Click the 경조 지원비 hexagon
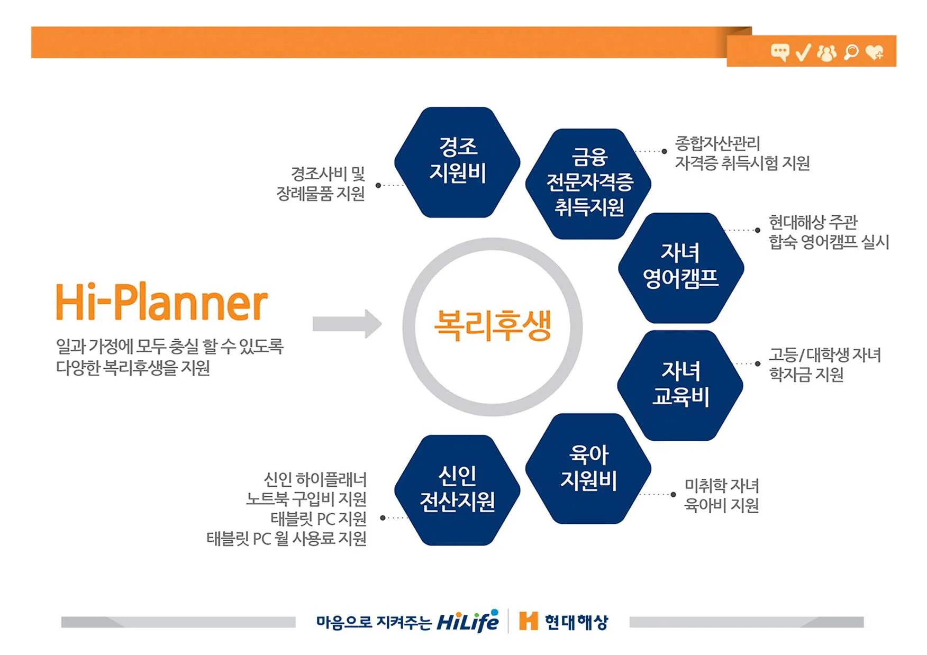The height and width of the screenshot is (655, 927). click(457, 162)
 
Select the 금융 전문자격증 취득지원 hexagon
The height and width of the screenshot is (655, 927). click(588, 184)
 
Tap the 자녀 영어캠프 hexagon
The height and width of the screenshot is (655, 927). click(681, 268)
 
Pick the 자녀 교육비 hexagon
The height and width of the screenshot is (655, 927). click(680, 385)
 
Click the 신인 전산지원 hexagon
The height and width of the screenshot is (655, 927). click(457, 490)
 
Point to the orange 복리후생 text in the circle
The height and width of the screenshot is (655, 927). click(493, 325)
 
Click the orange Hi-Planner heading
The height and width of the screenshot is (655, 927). click(161, 303)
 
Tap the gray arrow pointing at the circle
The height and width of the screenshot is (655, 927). click(347, 324)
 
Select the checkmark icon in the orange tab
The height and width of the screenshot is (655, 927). click(803, 52)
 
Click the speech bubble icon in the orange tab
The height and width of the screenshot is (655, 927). click(780, 52)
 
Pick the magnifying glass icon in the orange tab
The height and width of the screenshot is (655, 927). click(851, 52)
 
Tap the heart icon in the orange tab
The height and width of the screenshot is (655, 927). click(875, 52)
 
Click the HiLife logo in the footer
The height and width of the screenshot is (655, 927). click(467, 621)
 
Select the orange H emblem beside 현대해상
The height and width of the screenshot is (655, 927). click(528, 621)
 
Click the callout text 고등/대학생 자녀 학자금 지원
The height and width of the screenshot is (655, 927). click(824, 365)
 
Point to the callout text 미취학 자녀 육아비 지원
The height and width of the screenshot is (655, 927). click(721, 495)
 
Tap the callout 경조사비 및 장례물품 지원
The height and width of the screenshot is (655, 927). click(321, 184)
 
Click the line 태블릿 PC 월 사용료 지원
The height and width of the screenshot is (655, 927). click(286, 539)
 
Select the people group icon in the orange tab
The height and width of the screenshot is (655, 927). click(827, 52)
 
